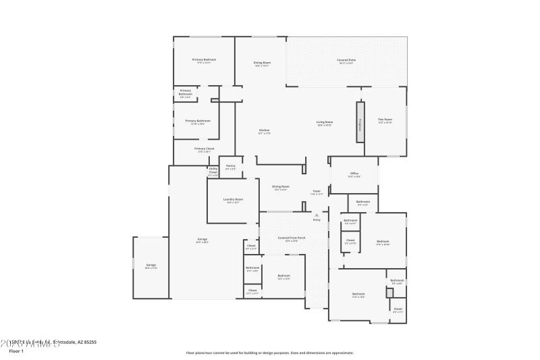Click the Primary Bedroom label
tap(203, 60)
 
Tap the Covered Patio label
tap(347, 60)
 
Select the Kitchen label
tap(264, 130)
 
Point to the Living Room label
tap(325, 122)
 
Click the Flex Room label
tap(385, 120)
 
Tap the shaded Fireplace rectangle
tap(360, 122)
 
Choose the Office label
tap(354, 174)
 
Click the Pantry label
tap(230, 165)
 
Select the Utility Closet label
tap(213, 171)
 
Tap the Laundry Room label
tap(233, 200)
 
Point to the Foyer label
tap(316, 192)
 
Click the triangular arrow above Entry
tap(316, 215)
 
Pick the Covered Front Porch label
tap(292, 238)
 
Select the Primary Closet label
tap(204, 149)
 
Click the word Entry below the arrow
tap(316, 220)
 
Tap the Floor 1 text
tap(16, 351)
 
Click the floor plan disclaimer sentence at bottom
tap(269, 352)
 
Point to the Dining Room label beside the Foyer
tap(280, 187)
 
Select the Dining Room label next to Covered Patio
tap(262, 63)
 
